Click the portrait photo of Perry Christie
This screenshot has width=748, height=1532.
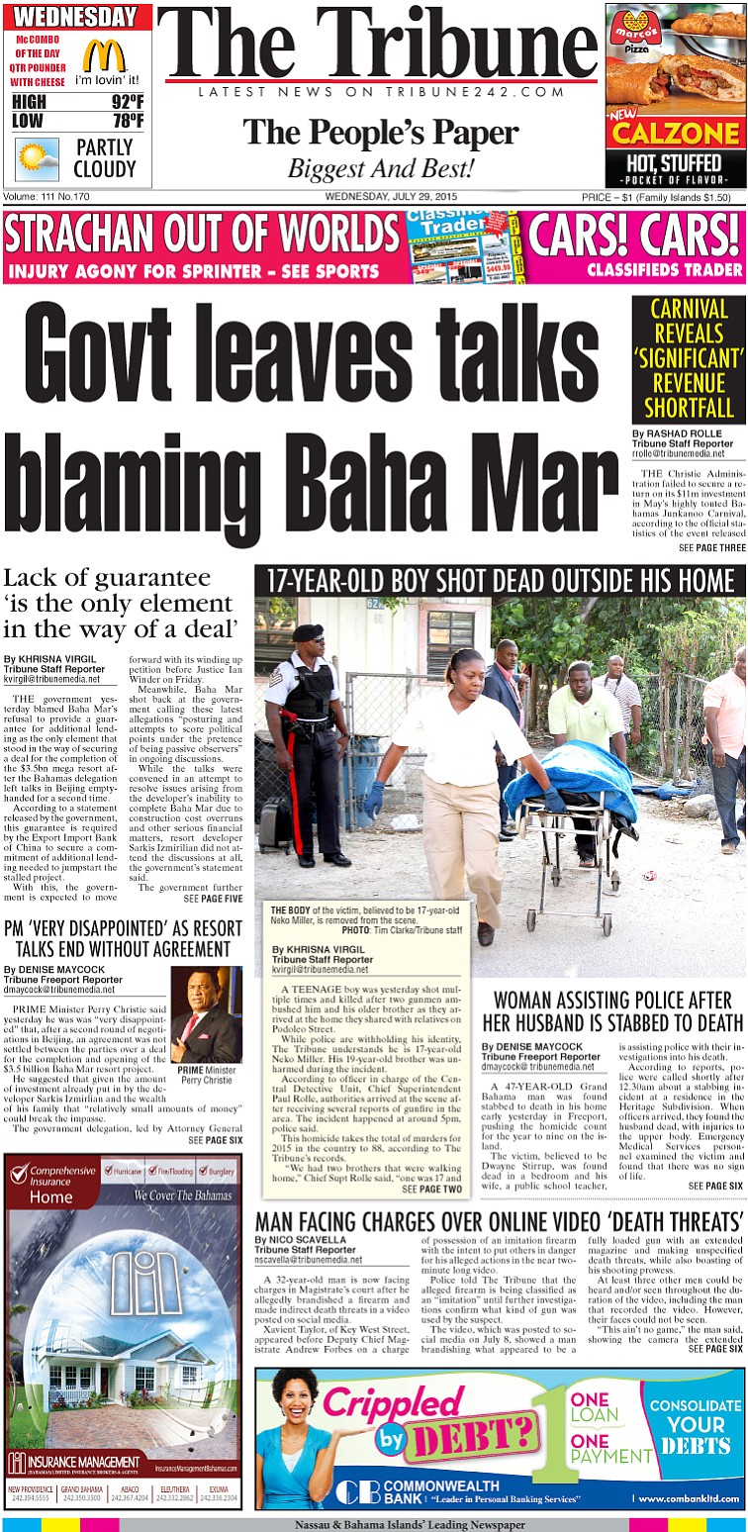point(206,1014)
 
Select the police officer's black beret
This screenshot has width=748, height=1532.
point(307,632)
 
